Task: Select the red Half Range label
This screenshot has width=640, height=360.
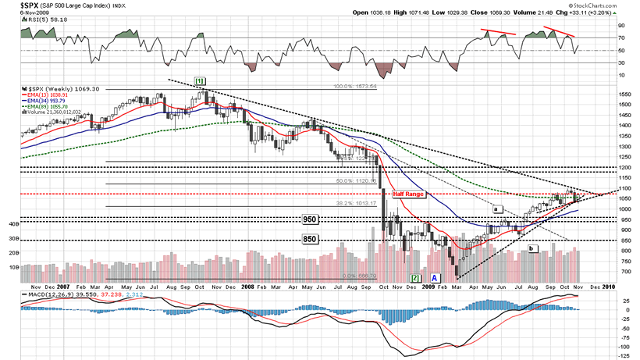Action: coord(407,194)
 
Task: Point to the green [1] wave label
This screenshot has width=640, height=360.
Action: coord(199,81)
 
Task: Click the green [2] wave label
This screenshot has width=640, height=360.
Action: coord(417,277)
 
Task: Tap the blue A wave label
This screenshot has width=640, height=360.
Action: coord(435,277)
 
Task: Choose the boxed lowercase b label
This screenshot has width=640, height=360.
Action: coord(532,248)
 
